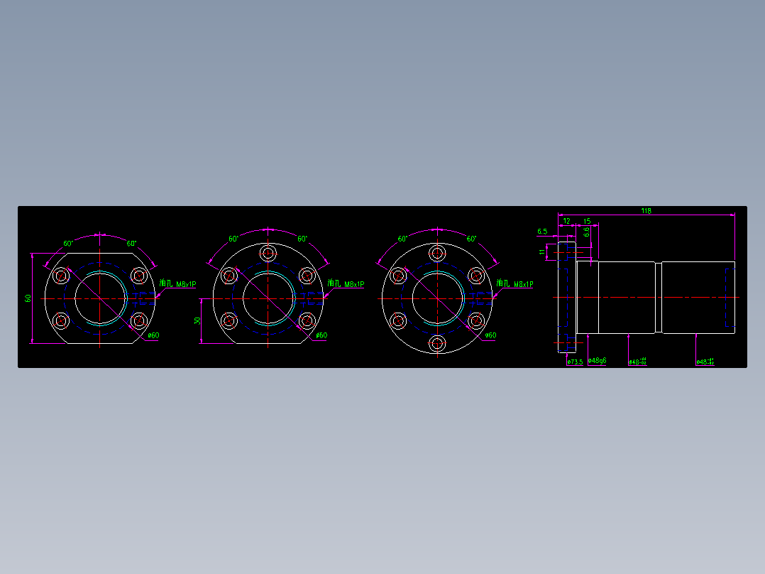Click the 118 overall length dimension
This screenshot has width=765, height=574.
[646, 210]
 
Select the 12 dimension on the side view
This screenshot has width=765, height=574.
[566, 222]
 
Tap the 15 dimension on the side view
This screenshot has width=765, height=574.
[587, 222]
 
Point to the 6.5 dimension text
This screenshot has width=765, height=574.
[542, 232]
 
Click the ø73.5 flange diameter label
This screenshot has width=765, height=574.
[575, 362]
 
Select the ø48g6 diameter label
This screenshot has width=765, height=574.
[598, 361]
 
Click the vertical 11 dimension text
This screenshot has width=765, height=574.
[542, 251]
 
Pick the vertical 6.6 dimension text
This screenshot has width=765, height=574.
[587, 232]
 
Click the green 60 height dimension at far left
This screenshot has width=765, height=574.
[28, 298]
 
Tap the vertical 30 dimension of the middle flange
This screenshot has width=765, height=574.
[197, 321]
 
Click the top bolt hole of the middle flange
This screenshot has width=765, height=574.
[268, 253]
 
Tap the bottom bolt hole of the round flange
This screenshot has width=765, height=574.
[437, 344]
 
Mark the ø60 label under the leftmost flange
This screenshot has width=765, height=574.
[153, 335]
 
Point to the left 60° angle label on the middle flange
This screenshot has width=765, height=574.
[233, 239]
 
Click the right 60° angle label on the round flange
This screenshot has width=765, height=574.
[471, 239]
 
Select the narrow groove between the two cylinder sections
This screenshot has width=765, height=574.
[658, 297]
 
